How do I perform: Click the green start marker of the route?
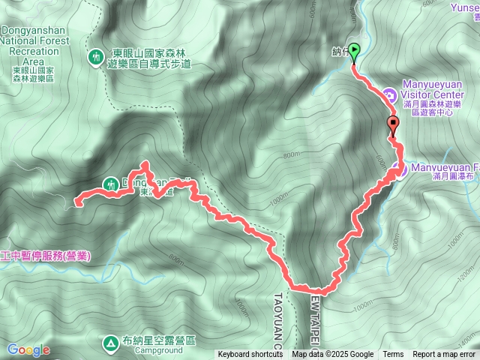click(354, 51)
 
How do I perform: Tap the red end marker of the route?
click(393, 125)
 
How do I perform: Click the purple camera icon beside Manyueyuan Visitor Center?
click(389, 94)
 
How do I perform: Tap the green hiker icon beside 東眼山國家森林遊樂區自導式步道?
click(96, 57)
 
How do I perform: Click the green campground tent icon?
click(110, 342)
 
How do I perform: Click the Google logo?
click(28, 349)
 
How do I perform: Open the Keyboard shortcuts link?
click(250, 355)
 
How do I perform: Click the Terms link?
click(393, 355)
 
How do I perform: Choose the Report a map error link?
click(444, 355)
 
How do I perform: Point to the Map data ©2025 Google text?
click(332, 355)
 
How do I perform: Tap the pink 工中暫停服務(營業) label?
click(45, 256)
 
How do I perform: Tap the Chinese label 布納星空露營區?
click(160, 340)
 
